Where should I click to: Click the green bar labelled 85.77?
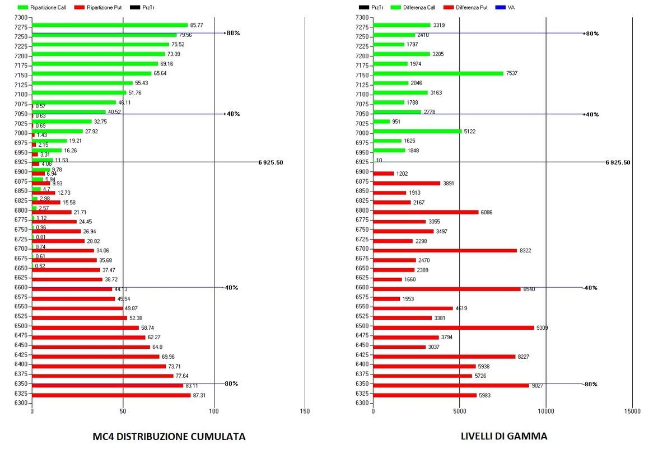110,25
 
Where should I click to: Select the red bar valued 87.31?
111,395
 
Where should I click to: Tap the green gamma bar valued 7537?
438,73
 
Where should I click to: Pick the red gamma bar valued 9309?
454,327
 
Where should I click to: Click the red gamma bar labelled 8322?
445,250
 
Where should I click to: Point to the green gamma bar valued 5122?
417,131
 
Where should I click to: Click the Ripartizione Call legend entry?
41,7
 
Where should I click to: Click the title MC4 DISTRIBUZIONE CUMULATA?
169,437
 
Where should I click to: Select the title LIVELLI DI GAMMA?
503,437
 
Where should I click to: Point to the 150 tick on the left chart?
305,411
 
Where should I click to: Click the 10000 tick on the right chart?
546,411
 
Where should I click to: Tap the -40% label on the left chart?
231,288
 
